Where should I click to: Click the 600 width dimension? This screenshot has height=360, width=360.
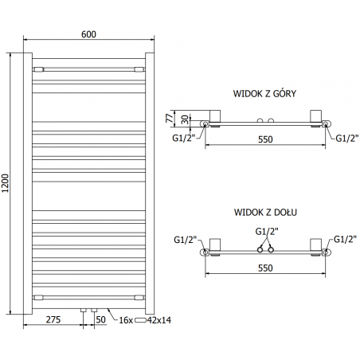click(88, 33)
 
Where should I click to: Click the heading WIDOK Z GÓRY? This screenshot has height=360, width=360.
click(265, 93)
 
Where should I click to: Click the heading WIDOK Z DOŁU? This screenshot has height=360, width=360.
click(264, 213)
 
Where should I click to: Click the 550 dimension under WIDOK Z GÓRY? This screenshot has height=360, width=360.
click(264, 139)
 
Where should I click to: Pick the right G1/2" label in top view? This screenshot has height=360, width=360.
click(346, 139)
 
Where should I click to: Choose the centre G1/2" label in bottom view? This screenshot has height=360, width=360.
click(264, 231)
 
